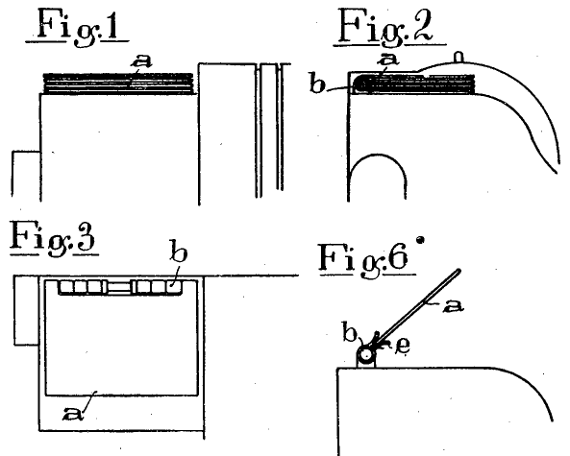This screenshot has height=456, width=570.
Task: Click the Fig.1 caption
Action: click(x=77, y=27)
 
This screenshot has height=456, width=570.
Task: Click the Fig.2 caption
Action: click(x=389, y=28)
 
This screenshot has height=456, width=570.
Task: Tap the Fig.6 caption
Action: click(x=367, y=259)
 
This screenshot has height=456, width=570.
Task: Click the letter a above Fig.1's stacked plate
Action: click(x=141, y=61)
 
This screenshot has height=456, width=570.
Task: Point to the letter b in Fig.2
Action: click(x=317, y=84)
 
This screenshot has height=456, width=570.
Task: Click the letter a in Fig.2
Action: click(x=388, y=59)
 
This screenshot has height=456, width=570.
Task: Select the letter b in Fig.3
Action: click(x=179, y=251)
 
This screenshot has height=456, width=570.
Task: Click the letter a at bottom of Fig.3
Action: click(x=73, y=413)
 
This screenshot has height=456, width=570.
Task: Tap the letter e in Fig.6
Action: click(x=403, y=346)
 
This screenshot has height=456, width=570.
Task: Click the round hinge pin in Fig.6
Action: click(x=366, y=353)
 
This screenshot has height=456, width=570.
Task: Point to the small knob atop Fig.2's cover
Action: click(x=459, y=58)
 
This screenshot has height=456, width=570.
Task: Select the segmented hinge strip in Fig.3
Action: click(x=120, y=287)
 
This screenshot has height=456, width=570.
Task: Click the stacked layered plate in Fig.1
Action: click(x=118, y=84)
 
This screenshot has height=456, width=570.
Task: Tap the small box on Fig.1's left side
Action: click(x=26, y=175)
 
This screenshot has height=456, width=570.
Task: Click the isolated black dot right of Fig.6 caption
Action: click(x=421, y=240)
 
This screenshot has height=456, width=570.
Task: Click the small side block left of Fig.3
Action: click(x=27, y=310)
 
